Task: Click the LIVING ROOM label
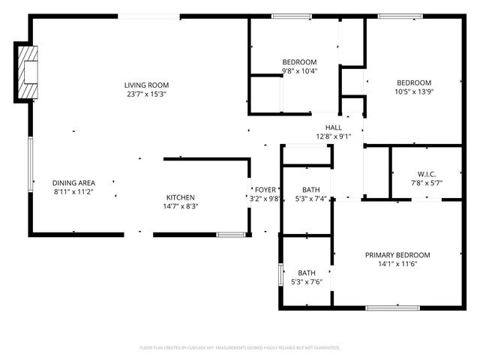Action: [x=146, y=85]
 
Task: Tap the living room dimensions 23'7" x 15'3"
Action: [x=146, y=94]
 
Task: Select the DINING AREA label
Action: [x=73, y=183]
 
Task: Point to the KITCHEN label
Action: [x=180, y=197]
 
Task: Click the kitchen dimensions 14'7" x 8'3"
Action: [x=180, y=206]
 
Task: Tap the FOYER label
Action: [x=265, y=190]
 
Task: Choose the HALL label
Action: [x=333, y=127]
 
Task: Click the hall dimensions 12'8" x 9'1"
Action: [x=333, y=136]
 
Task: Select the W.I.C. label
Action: [x=427, y=174]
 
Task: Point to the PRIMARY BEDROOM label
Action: [x=397, y=255]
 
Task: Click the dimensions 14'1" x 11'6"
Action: [x=397, y=264]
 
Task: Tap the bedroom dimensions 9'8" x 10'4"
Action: [x=299, y=71]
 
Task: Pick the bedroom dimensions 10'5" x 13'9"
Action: [x=414, y=91]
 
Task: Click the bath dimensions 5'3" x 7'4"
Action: [x=310, y=199]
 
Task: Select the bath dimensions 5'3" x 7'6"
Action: [x=307, y=282]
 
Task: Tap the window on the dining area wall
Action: [x=30, y=164]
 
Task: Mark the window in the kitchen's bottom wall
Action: [x=230, y=235]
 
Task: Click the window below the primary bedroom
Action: [x=392, y=308]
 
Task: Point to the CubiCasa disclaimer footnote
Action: [x=240, y=348]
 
